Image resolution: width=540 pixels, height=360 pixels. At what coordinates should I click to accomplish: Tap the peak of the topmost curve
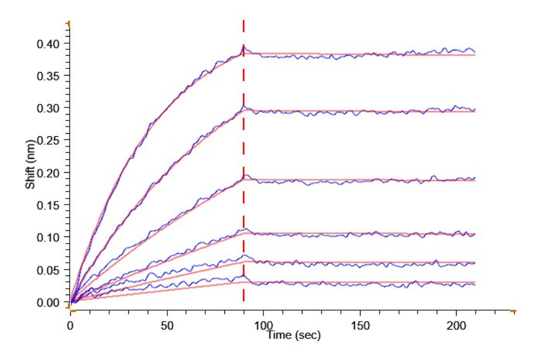(x=243, y=46)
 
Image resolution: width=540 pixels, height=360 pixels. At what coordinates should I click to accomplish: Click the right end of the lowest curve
(x=475, y=284)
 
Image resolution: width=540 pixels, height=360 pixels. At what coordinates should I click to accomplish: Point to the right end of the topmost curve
(x=475, y=52)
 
